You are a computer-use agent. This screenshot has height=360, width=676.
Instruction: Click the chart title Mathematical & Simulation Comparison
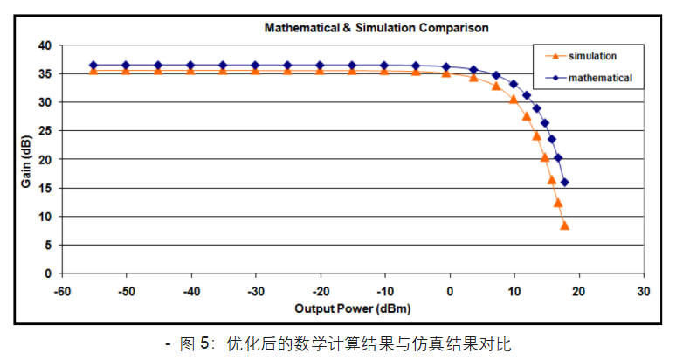376,28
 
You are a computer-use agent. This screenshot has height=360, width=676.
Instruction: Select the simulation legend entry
593,56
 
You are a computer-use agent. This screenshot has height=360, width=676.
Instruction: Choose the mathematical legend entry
599,78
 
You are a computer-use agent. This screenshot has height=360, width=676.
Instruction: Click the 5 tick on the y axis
48,246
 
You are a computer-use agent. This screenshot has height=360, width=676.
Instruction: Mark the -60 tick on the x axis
61,290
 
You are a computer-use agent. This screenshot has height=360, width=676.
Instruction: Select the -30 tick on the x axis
255,290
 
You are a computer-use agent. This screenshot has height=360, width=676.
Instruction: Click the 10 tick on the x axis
514,290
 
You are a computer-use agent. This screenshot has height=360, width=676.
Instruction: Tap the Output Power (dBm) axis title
352,308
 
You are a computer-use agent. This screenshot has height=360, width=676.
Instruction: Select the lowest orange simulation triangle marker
564,225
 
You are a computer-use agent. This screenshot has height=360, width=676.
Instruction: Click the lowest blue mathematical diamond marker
564,183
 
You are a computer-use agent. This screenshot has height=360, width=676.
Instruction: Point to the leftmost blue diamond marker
93,66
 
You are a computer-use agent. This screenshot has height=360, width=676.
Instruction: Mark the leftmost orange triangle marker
93,71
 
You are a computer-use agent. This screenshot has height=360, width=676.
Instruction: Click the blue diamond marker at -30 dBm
255,66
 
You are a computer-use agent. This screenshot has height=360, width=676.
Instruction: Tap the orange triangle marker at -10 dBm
384,71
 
